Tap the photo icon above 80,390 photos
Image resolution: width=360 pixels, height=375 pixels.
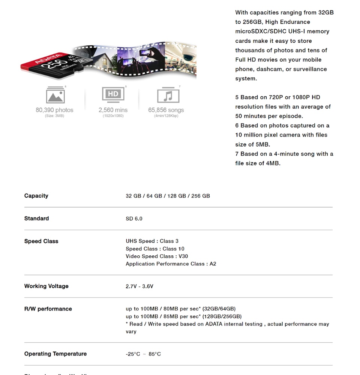click(x=55, y=95)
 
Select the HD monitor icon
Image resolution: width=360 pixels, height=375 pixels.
click(x=113, y=94)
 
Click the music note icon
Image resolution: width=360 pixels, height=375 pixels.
click(x=168, y=95)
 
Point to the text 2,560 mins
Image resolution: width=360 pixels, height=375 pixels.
click(x=113, y=110)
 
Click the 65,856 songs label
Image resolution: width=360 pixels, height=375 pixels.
click(x=166, y=110)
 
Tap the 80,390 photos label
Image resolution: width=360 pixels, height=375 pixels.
click(x=54, y=110)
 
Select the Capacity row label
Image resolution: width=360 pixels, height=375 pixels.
click(x=36, y=196)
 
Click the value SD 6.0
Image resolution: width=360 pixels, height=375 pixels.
click(x=134, y=219)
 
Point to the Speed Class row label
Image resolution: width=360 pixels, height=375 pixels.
click(x=41, y=241)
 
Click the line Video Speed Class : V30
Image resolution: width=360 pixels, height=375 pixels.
click(x=157, y=256)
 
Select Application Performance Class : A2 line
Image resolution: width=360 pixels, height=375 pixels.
click(x=171, y=264)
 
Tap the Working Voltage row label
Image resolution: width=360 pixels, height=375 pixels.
click(x=46, y=286)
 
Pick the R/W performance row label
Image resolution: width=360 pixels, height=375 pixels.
click(x=48, y=309)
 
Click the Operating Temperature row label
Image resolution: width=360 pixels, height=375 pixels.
click(x=55, y=354)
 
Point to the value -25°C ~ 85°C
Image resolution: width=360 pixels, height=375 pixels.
click(x=143, y=354)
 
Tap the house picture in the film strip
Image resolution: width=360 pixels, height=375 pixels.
click(x=103, y=60)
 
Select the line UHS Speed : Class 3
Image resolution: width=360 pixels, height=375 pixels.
click(x=152, y=241)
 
